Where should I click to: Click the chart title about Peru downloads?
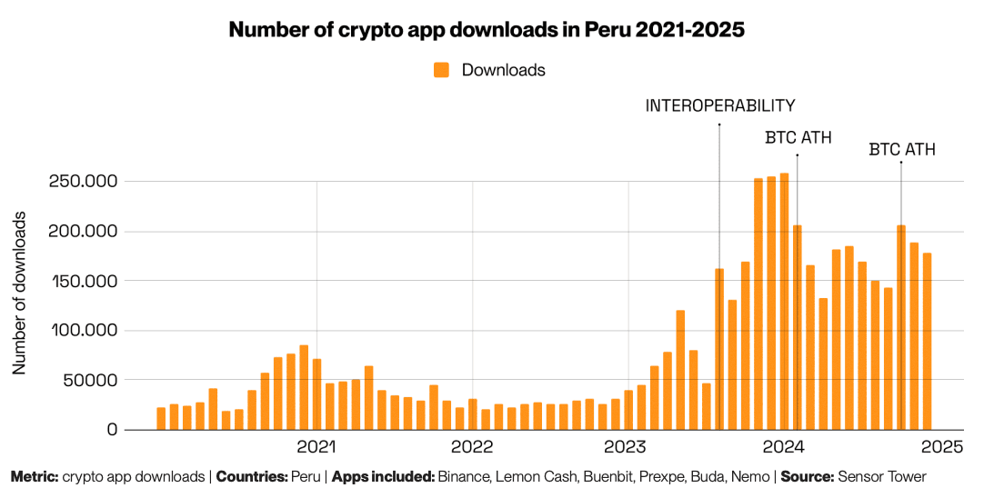tap(487, 30)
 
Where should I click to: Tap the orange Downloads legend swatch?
tap(442, 70)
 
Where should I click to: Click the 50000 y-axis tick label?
tap(88, 380)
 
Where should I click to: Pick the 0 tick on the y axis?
tap(112, 430)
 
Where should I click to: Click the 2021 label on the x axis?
tap(316, 447)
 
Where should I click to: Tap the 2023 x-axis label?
tap(628, 447)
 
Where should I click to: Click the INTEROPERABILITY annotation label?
tap(720, 106)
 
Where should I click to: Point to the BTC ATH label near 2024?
tap(797, 138)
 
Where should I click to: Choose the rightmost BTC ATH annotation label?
tap(902, 150)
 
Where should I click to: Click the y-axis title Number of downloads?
tap(20, 294)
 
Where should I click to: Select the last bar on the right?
tap(927, 341)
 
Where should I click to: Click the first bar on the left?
tap(161, 418)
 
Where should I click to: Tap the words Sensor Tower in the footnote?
tap(881, 476)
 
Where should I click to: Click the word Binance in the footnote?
tap(465, 476)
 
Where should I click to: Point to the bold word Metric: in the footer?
tap(34, 476)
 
